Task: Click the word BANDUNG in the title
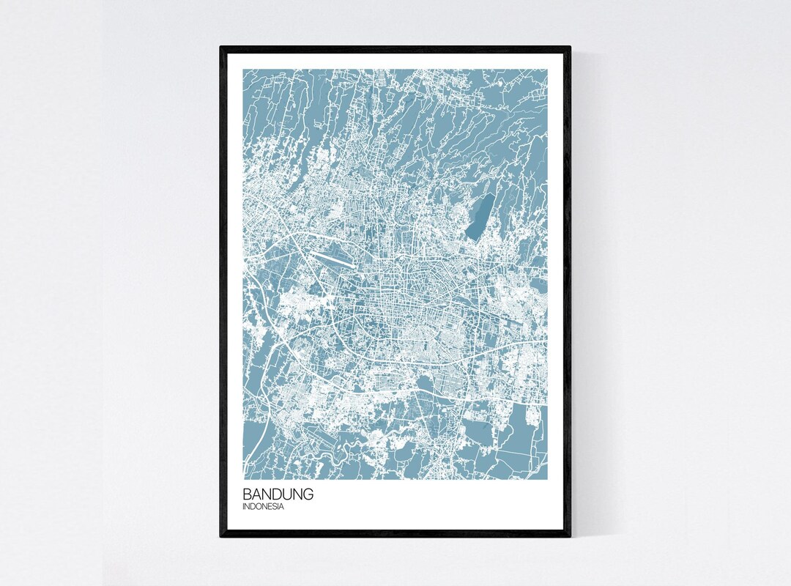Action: click(278, 494)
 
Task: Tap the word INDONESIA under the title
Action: click(264, 506)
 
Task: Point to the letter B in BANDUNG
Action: click(248, 494)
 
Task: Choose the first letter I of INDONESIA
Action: click(245, 506)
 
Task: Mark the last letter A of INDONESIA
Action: click(282, 506)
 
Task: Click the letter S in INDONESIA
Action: click(275, 506)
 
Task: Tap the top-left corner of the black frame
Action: click(221, 48)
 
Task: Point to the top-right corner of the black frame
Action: click(570, 48)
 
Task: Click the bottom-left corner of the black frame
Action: click(221, 536)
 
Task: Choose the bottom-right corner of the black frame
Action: click(570, 536)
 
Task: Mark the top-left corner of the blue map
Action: click(244, 70)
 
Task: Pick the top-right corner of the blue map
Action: click(547, 70)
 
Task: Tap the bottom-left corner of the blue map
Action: click(244, 480)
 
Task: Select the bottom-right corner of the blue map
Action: click(547, 480)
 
